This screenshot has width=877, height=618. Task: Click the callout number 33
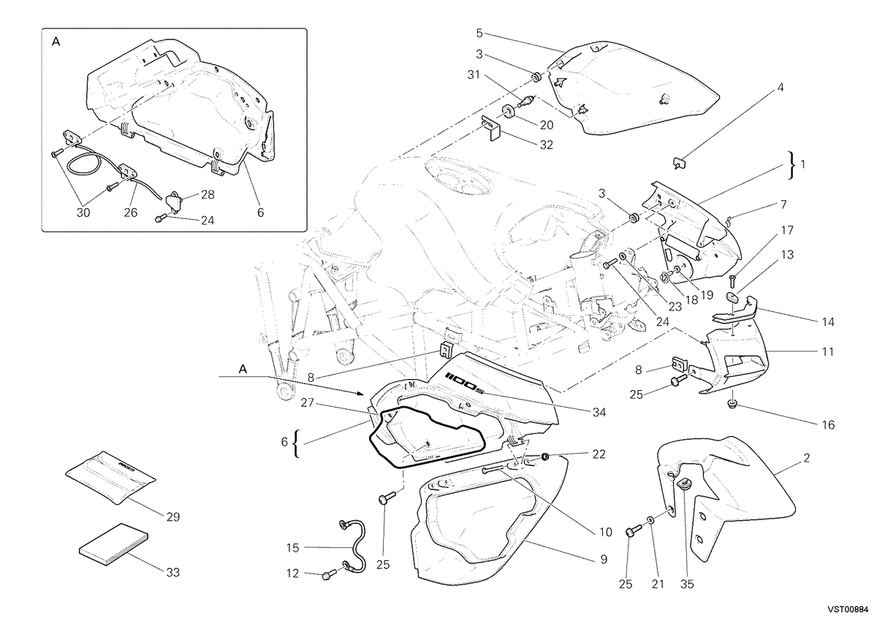[172, 572]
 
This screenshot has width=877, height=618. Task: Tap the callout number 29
[172, 517]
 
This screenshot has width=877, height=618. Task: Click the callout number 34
[599, 412]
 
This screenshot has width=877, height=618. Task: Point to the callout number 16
[828, 424]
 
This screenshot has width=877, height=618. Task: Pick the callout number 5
[479, 34]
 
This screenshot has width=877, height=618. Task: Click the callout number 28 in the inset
[208, 194]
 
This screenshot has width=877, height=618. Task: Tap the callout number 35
[687, 584]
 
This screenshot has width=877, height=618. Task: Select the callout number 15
[292, 548]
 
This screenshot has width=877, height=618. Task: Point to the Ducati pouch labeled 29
[110, 477]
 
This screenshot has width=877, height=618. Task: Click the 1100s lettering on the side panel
[462, 381]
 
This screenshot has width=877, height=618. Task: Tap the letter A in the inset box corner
[56, 42]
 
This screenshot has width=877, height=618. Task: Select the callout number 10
[605, 532]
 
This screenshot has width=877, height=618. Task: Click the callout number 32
[546, 145]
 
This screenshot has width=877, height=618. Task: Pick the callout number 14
[827, 322]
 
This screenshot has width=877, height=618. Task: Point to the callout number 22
[599, 454]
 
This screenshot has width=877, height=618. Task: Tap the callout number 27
[308, 403]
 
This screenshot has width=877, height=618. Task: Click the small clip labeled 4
[679, 162]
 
